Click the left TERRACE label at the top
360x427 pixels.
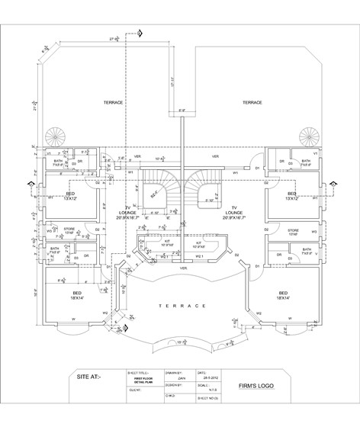(114, 101)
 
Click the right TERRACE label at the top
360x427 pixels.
(252, 101)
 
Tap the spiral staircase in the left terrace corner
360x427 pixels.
(59, 137)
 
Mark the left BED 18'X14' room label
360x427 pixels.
(78, 295)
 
